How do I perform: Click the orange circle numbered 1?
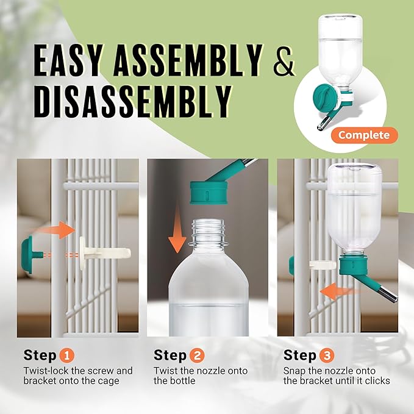67,355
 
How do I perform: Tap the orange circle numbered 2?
197,355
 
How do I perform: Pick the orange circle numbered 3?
327,355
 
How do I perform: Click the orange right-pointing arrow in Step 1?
60,230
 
